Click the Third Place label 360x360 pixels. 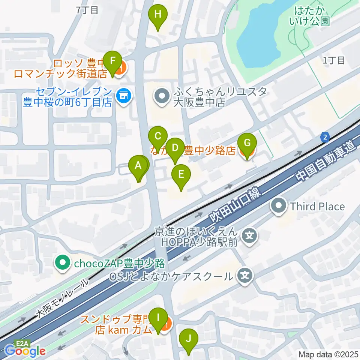click(x=317, y=206)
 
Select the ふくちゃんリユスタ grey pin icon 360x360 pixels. click(x=162, y=97)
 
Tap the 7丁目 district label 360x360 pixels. click(x=87, y=10)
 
